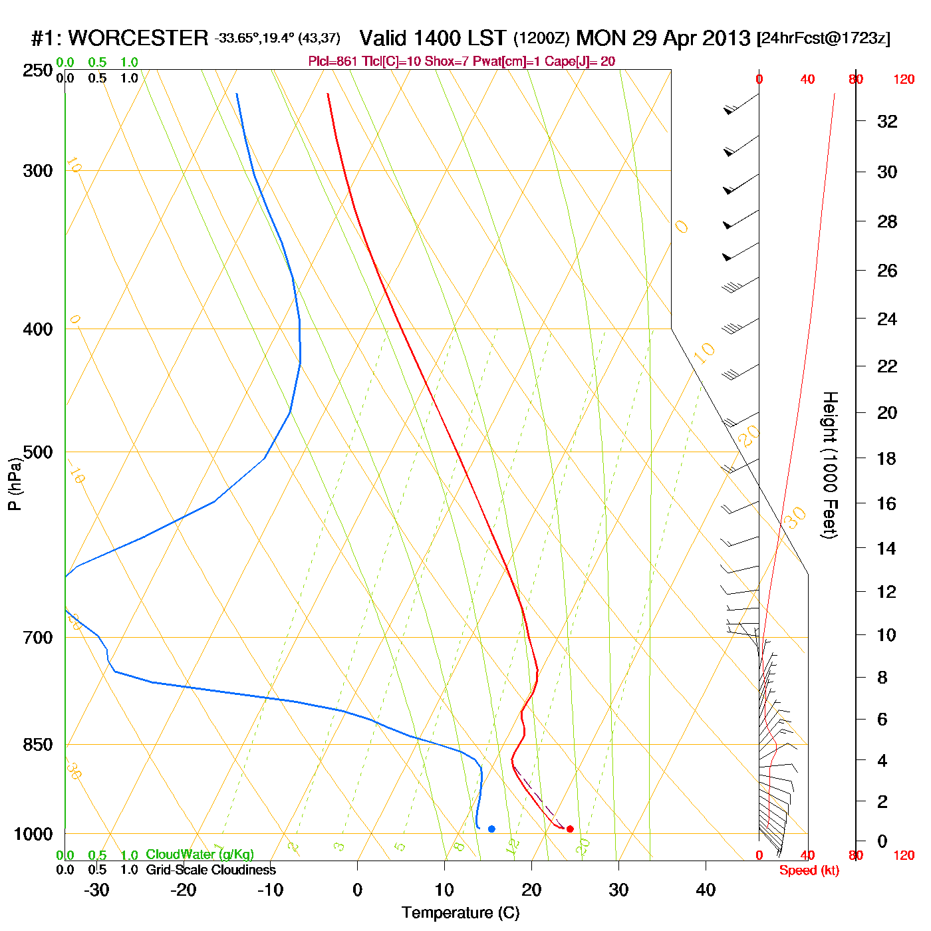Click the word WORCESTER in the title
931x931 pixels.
[x=138, y=38]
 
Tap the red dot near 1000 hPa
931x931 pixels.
[x=570, y=829]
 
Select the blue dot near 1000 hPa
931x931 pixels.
[x=491, y=829]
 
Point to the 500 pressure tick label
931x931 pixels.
[x=37, y=452]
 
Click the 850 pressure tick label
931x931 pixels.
[x=37, y=745]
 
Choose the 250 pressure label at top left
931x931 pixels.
[x=37, y=70]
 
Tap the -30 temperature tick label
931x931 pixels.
[x=96, y=890]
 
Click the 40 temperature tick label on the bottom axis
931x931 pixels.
[x=706, y=890]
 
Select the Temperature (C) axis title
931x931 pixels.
[x=460, y=913]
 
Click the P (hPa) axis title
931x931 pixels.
[x=15, y=483]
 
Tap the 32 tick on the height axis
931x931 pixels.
[x=887, y=122]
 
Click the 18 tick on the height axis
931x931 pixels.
[x=886, y=458]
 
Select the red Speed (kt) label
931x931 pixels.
[x=809, y=870]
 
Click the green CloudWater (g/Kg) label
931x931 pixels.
[x=199, y=855]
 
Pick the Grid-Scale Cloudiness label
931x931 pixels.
[x=211, y=870]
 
